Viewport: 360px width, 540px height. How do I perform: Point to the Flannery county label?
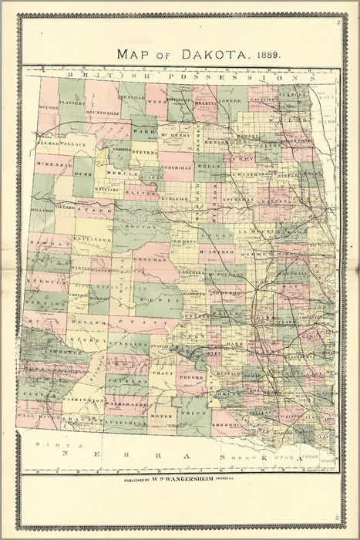[71, 101]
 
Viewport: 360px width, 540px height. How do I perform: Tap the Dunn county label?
[83, 175]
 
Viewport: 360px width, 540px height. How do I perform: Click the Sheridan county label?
[178, 167]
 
